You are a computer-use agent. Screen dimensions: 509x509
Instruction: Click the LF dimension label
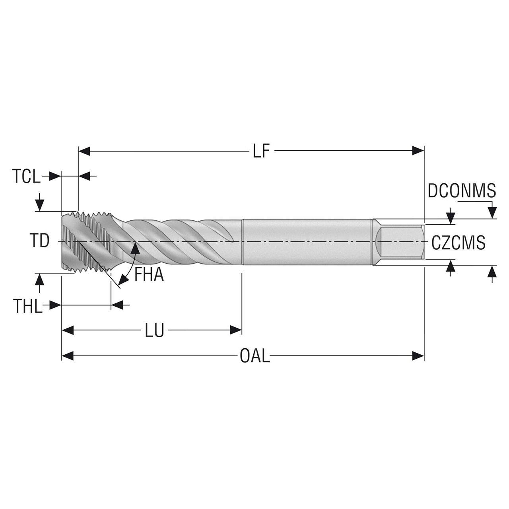pos(261,152)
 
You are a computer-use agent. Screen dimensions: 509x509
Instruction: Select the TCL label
pos(26,176)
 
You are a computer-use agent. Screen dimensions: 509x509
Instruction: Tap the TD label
pos(39,241)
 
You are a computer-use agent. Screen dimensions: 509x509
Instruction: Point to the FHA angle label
pos(149,275)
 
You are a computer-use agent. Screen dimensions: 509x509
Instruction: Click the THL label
pos(27,306)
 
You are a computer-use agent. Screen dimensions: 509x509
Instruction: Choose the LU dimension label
pos(154,330)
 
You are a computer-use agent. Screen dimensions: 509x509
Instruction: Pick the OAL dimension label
pos(254,356)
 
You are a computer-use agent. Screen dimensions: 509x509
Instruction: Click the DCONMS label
pos(462,191)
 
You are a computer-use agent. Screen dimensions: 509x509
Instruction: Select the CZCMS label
pos(458,243)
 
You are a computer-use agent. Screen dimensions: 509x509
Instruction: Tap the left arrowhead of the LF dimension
pos(85,151)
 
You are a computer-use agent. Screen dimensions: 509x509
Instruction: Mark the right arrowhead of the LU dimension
pos(236,330)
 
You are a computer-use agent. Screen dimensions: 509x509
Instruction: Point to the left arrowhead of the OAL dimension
pos(68,356)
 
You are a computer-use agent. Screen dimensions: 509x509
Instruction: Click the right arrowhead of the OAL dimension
pos(418,356)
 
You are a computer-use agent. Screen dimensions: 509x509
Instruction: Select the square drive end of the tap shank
pos(400,242)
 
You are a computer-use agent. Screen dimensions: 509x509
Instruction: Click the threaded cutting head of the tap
pos(87,242)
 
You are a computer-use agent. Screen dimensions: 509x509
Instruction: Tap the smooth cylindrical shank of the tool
pos(306,242)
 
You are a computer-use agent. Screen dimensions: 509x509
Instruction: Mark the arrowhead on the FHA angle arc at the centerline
pos(136,247)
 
